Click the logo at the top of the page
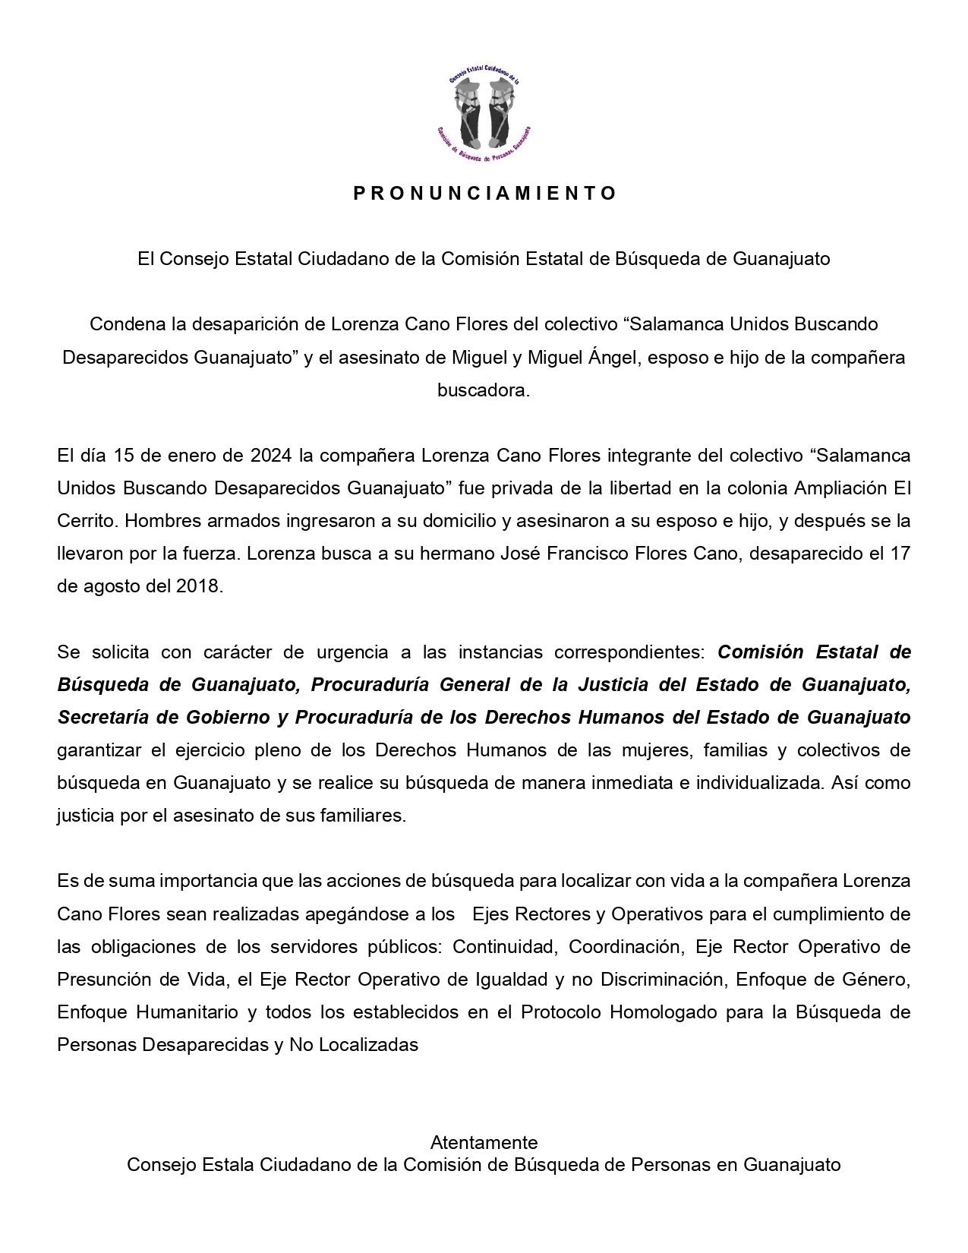coord(484,113)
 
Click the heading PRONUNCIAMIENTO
coord(484,193)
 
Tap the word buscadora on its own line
coord(484,390)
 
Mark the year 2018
coord(200,587)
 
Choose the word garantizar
coord(99,750)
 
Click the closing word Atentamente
coord(484,1142)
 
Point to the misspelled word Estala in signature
coord(232,1165)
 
